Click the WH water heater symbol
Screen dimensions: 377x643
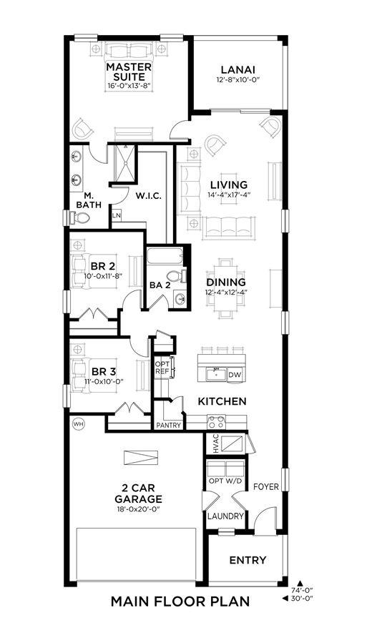click(x=77, y=424)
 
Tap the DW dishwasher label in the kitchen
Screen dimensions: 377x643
click(x=234, y=374)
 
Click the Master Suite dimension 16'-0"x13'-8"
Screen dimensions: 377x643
click(x=129, y=86)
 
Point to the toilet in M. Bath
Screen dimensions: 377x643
click(x=79, y=217)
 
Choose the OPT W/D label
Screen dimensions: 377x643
click(x=225, y=481)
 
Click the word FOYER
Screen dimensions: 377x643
click(x=266, y=487)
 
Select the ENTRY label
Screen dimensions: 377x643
click(x=248, y=560)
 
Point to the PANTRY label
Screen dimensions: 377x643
click(x=169, y=426)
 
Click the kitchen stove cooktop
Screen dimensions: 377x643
click(x=216, y=422)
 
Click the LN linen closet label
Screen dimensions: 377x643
click(x=116, y=215)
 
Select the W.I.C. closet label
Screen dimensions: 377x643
click(x=149, y=195)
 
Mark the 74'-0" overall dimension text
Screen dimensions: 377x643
click(x=303, y=591)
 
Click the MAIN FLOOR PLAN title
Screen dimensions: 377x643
click(x=180, y=602)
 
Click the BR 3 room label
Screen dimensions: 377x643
click(x=104, y=372)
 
